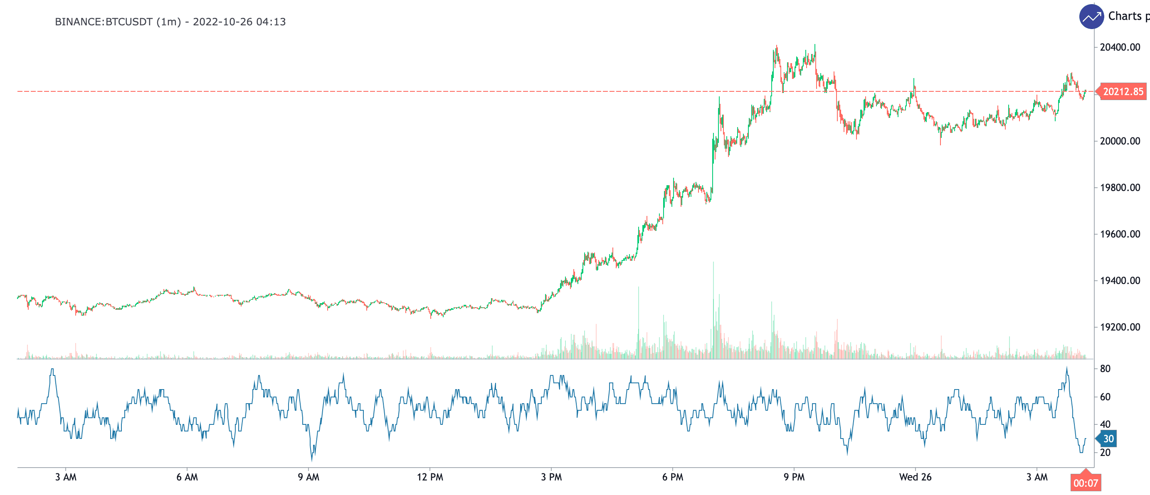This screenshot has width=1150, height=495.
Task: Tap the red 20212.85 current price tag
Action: [1123, 92]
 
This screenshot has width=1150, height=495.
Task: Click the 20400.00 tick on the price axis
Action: [1120, 47]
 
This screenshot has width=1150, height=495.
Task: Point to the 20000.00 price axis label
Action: [1120, 141]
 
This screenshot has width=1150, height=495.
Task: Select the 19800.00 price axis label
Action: [1120, 188]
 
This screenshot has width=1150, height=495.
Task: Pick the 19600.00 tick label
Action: [1120, 234]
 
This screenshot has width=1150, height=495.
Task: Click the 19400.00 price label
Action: [1120, 280]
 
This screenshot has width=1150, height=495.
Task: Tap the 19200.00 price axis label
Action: [1120, 327]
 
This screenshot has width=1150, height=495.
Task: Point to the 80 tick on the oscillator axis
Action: [1105, 369]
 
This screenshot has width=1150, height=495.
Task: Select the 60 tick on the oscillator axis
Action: [1105, 397]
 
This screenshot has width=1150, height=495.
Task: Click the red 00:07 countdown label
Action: [1085, 483]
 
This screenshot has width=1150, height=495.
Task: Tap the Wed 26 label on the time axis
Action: [915, 477]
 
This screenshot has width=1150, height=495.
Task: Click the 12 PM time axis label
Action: [430, 477]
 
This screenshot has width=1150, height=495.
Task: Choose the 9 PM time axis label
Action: [794, 477]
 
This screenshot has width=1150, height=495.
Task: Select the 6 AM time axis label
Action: [187, 477]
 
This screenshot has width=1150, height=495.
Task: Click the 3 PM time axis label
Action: [551, 477]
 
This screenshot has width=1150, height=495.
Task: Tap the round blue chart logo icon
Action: [1091, 17]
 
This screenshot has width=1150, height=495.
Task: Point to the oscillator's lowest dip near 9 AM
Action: [311, 459]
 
